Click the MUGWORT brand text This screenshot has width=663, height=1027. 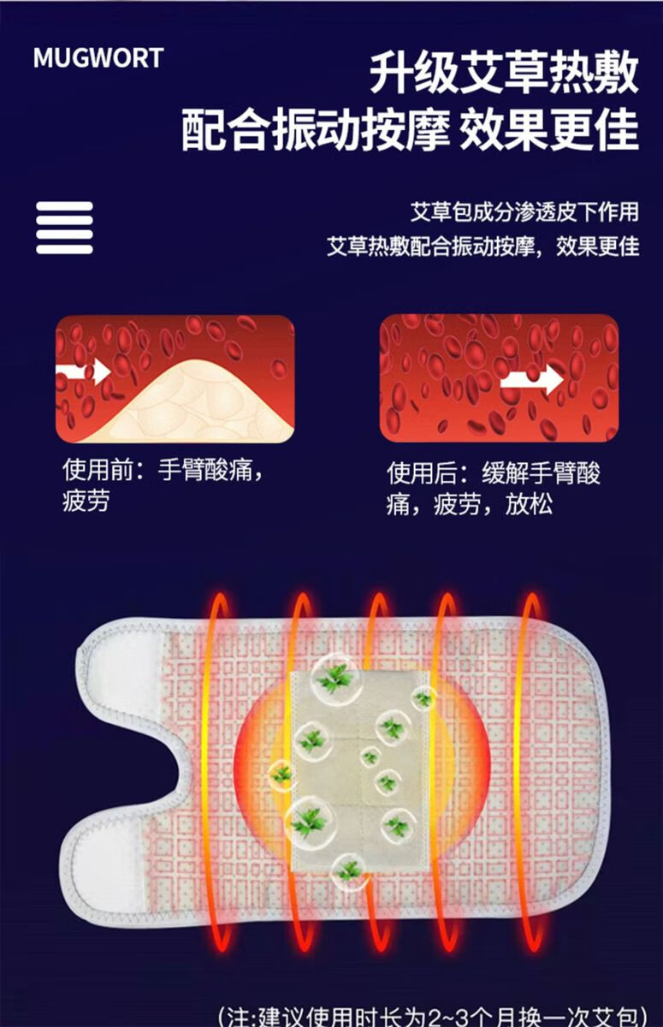pos(98,58)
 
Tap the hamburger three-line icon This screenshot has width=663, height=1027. pos(64,228)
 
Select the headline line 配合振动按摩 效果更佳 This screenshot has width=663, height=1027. pos(410,132)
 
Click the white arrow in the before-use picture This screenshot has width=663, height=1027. pos(84,371)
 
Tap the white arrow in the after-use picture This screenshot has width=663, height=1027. pos(531,378)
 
